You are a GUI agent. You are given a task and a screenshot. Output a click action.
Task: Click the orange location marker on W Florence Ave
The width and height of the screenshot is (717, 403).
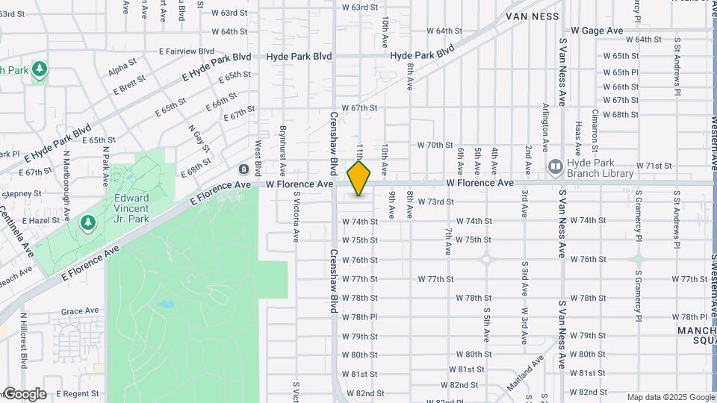click(x=359, y=178)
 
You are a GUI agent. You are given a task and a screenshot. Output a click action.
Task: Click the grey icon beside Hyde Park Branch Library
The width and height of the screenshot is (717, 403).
click(x=555, y=165)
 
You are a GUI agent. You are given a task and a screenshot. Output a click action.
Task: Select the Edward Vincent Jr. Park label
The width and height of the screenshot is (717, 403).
click(x=131, y=208)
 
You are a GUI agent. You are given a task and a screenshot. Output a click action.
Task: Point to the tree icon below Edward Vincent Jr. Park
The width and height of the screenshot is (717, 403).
click(x=88, y=222)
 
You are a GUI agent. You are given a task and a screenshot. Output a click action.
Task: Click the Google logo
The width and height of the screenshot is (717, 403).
click(x=24, y=394)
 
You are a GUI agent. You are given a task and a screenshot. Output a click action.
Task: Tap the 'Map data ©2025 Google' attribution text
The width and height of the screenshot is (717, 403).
click(x=671, y=398)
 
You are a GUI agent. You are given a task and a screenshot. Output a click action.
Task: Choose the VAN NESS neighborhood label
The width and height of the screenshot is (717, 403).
click(x=533, y=15)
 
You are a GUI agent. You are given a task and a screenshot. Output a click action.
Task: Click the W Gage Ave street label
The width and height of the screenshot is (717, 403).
click(x=596, y=31)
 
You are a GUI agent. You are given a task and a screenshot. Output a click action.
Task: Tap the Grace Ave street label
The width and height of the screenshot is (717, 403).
click(x=80, y=311)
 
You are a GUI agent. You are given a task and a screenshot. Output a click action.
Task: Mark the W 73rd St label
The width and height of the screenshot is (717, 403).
click(x=435, y=202)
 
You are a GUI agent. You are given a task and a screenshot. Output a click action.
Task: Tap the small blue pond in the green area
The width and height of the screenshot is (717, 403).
click(x=167, y=305)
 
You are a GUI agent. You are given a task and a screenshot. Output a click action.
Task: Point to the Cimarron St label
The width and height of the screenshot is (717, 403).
click(x=595, y=125)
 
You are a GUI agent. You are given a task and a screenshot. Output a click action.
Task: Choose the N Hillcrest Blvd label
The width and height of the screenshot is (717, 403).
click(x=24, y=340)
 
